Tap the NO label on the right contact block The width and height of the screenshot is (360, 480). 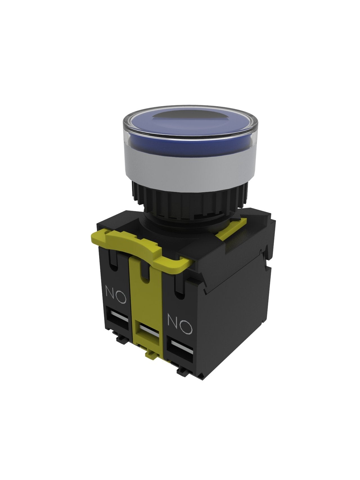click(x=180, y=324)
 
